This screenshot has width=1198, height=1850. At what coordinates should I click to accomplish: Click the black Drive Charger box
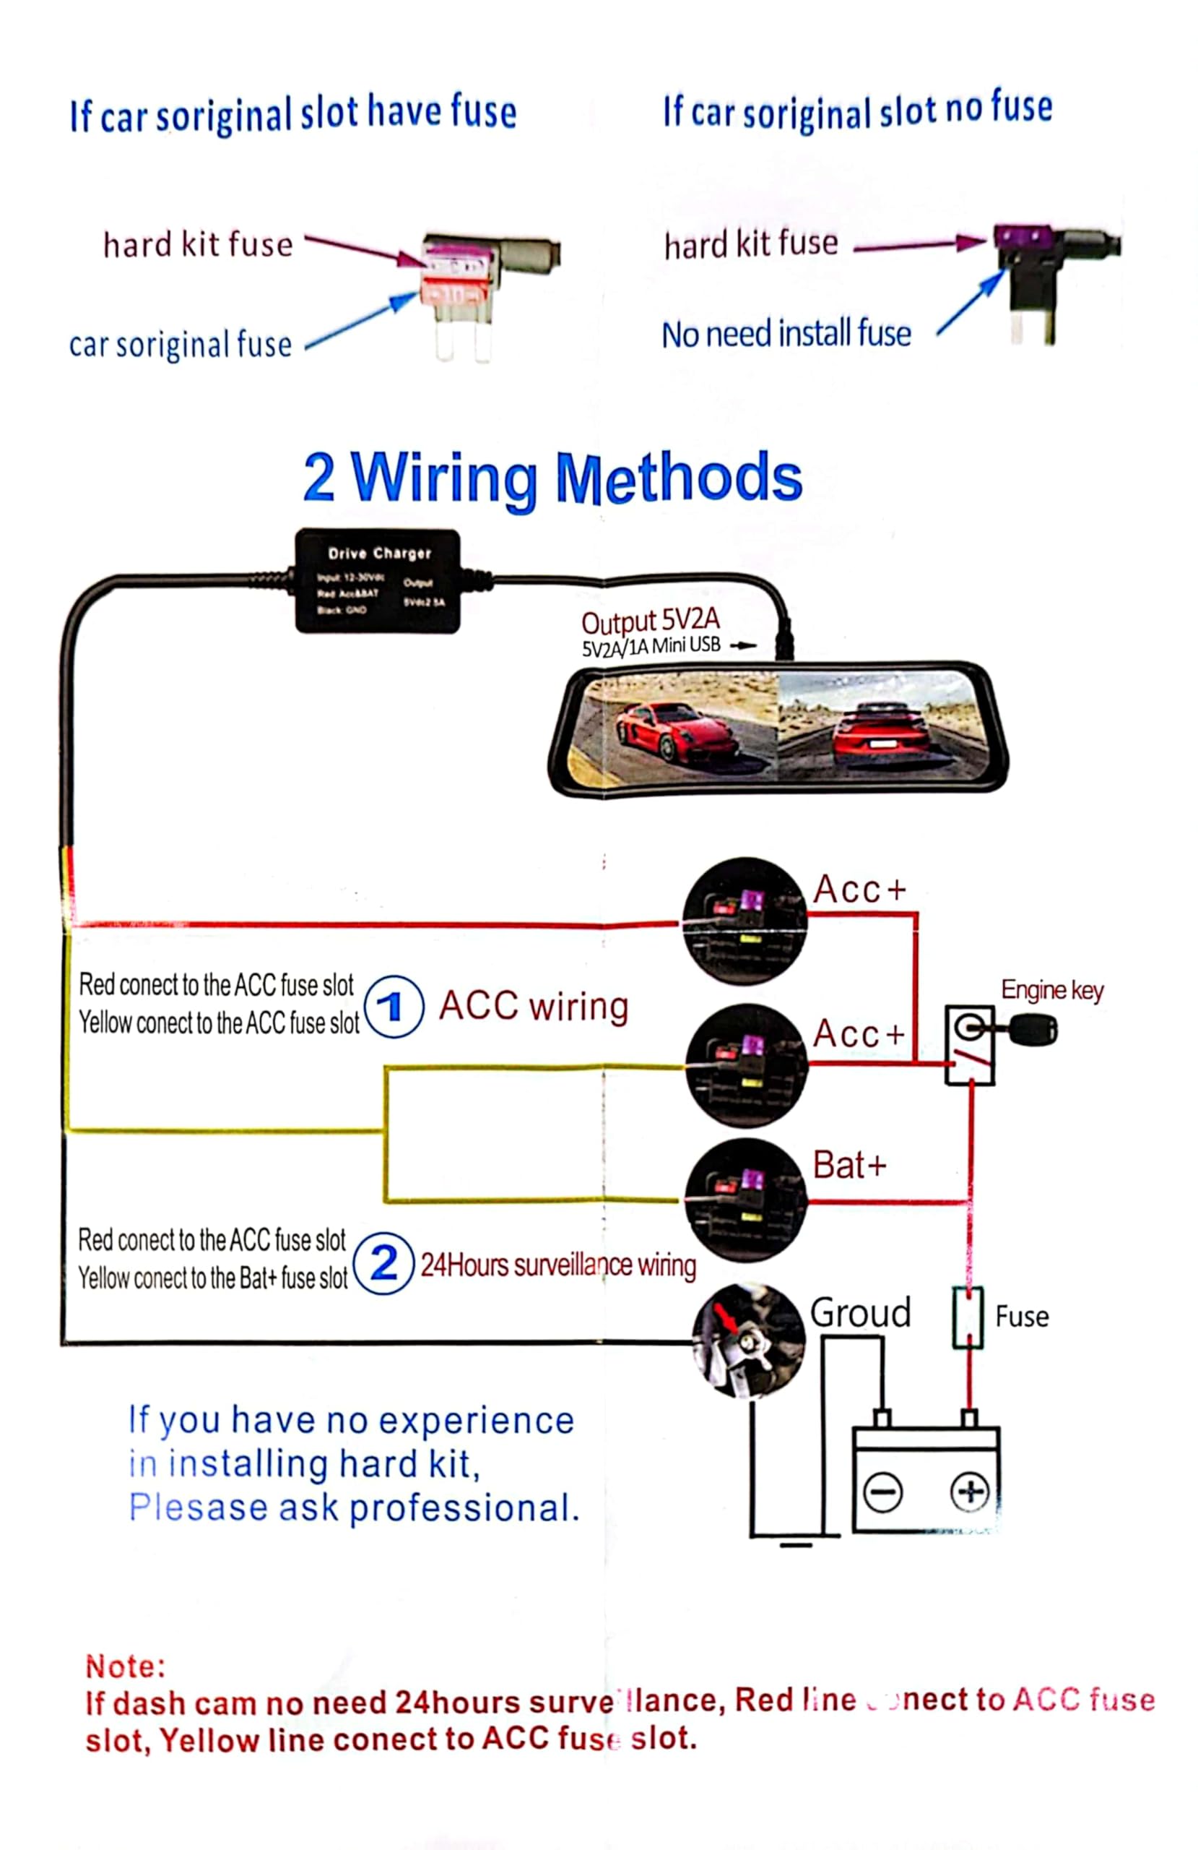378,580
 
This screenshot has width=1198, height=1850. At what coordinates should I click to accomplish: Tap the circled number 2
383,1262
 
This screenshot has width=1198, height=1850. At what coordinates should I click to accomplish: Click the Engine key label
1051,990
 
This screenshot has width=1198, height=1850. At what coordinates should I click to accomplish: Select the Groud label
860,1313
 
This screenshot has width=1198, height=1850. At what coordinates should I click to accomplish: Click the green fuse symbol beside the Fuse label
968,1317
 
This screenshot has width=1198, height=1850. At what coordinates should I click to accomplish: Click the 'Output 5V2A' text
651,620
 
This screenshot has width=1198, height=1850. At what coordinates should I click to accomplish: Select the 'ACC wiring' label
534,1006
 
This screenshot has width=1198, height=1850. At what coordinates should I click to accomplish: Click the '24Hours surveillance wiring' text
557,1265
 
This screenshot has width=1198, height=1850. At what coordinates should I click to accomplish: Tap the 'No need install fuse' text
786,335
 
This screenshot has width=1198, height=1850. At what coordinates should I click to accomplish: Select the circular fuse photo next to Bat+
746,1200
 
